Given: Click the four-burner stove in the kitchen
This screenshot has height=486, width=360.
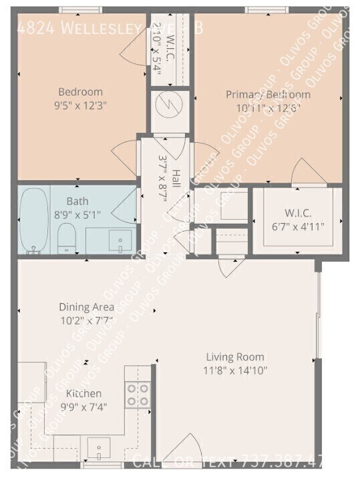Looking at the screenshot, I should pos(138,395).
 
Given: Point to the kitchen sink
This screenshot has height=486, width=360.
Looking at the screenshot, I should pos(99,449).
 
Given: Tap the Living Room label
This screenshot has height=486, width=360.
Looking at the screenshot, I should pos(234,357).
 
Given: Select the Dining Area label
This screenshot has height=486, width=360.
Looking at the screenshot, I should pos(86,307).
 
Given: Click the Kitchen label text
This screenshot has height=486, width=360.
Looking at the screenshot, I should pos(84,393).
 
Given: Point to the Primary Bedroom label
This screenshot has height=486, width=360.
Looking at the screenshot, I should pos(268,94).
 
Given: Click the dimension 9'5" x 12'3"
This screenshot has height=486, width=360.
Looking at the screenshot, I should pos(80,105).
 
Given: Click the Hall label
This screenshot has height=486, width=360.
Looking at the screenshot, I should pos(175,178).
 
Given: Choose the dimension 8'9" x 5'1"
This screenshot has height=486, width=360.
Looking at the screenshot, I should pos(77,214).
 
